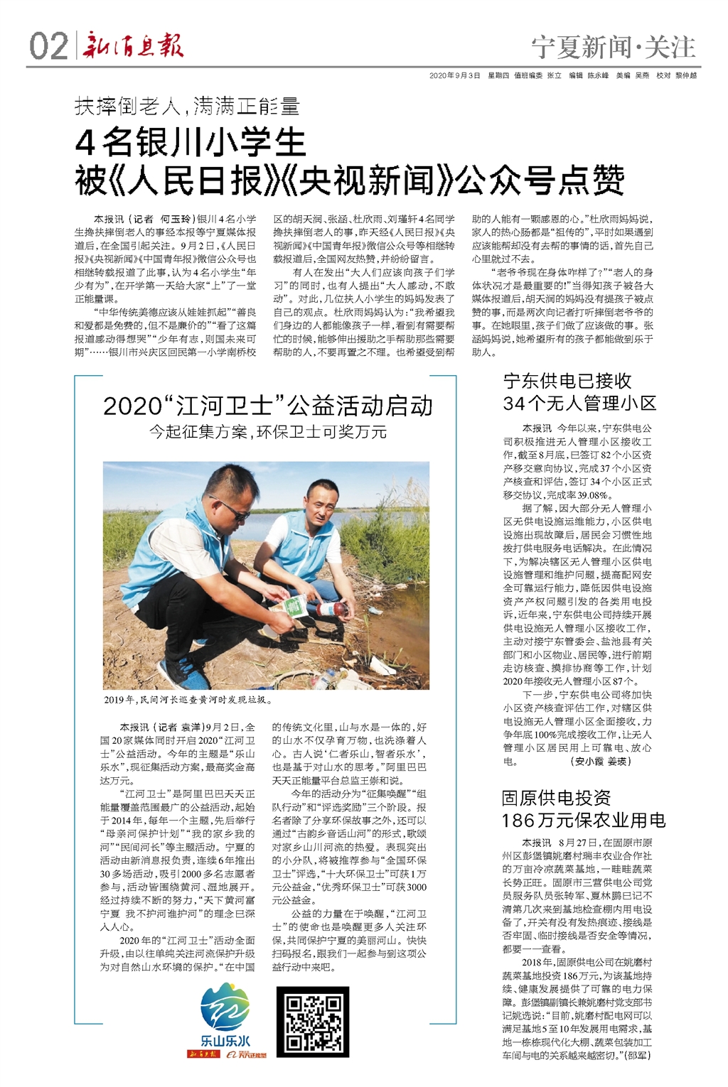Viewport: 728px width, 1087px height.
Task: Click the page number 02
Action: (x=48, y=46)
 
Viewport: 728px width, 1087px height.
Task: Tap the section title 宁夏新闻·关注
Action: (x=614, y=48)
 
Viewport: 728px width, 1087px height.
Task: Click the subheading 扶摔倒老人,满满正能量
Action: (x=187, y=107)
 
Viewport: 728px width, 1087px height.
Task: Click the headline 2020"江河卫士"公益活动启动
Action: (x=267, y=406)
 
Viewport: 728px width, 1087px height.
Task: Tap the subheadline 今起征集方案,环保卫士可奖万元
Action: (x=267, y=432)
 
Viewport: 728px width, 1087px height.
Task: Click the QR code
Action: (x=313, y=1022)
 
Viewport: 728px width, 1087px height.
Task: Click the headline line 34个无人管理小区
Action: (x=579, y=404)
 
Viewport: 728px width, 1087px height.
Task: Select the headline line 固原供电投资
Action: (x=556, y=797)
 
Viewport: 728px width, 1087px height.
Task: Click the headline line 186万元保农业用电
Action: (x=583, y=821)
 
